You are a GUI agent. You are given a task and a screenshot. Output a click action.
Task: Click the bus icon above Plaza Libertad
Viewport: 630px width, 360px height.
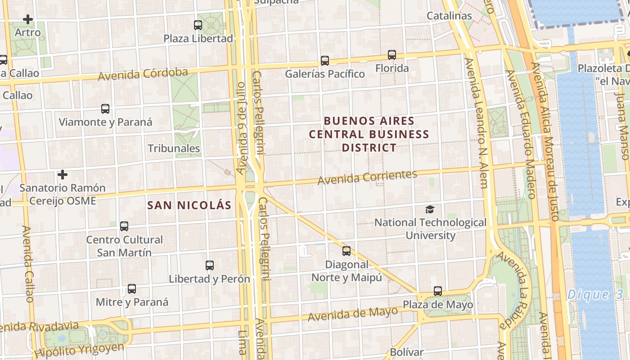click(198, 25)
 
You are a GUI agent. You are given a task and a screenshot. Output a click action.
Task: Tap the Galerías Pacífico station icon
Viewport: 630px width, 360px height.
click(325, 60)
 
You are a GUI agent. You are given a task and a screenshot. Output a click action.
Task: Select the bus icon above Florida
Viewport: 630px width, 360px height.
click(392, 55)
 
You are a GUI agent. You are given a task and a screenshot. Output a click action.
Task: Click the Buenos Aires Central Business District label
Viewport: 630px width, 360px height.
click(369, 134)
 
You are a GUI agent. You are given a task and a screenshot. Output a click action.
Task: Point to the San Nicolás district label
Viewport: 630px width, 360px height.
click(189, 206)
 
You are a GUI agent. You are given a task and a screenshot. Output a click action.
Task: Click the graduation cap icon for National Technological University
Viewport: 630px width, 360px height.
click(430, 210)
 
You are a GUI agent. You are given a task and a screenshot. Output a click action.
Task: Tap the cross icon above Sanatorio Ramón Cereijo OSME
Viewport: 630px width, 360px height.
click(63, 174)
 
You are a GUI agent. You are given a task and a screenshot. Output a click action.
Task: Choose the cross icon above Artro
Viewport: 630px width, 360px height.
click(28, 19)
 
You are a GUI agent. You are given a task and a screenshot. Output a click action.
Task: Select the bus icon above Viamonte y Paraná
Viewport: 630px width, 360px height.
click(105, 109)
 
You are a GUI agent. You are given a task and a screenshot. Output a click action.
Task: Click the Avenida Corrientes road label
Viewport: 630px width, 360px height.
click(367, 177)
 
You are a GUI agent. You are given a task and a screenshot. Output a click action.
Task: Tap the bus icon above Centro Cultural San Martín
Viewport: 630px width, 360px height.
click(124, 226)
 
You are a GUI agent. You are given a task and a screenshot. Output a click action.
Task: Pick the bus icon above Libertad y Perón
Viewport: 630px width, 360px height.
click(210, 265)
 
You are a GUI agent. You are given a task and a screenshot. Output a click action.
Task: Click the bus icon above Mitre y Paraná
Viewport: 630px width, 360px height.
click(132, 289)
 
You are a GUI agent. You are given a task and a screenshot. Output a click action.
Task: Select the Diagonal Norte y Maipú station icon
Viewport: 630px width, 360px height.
click(346, 251)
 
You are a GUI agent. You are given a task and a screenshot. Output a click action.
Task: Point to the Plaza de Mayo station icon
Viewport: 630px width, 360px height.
click(438, 291)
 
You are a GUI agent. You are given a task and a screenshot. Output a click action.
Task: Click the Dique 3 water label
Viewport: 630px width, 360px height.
click(595, 295)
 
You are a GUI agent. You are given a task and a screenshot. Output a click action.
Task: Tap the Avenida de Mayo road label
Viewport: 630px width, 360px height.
click(353, 314)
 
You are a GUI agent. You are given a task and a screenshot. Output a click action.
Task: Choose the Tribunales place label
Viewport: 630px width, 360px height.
click(174, 148)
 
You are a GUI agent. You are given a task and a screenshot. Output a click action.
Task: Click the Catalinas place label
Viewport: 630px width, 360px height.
click(449, 16)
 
